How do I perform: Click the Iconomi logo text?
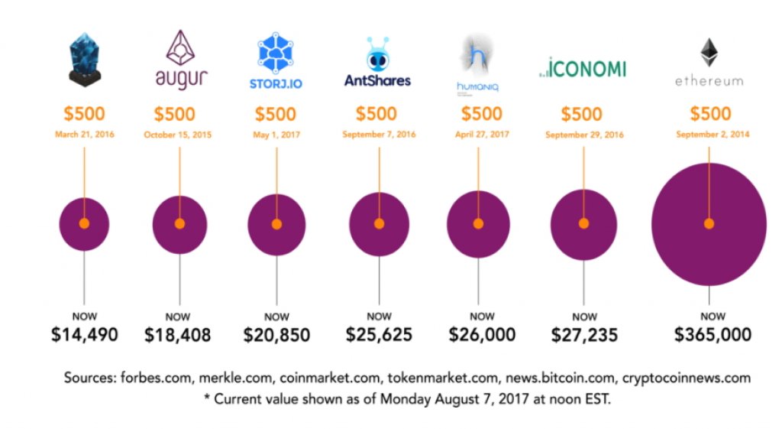(582, 68)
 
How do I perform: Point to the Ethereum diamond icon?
(709, 52)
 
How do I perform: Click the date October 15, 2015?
(178, 135)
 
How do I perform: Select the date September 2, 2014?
(712, 135)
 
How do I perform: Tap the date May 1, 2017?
(276, 135)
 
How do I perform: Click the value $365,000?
(713, 334)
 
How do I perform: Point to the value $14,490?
(85, 334)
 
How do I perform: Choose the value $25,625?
(379, 334)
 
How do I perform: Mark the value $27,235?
(584, 334)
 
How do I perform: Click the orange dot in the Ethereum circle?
(709, 224)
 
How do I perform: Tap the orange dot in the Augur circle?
(179, 224)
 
